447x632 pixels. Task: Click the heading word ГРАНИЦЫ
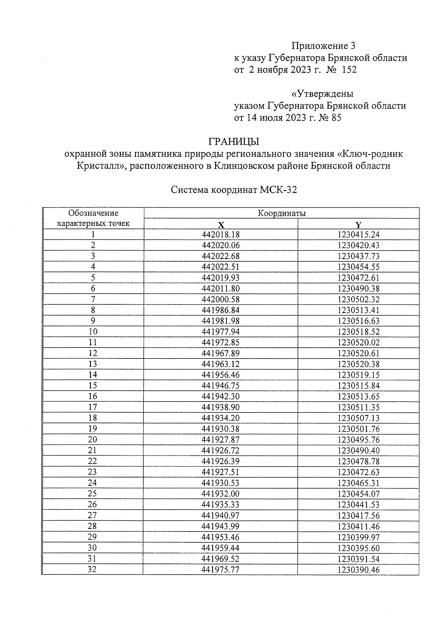pyautogui.click(x=234, y=142)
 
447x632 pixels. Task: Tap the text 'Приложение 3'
pyautogui.click(x=323, y=46)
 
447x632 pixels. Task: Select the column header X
pyautogui.click(x=221, y=225)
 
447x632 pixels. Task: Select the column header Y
pyautogui.click(x=358, y=225)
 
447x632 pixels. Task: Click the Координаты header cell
pyautogui.click(x=282, y=213)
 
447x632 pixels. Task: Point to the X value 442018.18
pyautogui.click(x=221, y=234)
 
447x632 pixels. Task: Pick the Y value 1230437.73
pyautogui.click(x=358, y=256)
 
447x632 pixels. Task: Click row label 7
pyautogui.click(x=93, y=299)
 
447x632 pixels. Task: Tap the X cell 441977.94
pyautogui.click(x=221, y=332)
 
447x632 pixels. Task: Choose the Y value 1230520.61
pyautogui.click(x=358, y=353)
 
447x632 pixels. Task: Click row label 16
pyautogui.click(x=93, y=396)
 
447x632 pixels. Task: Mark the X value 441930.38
pyautogui.click(x=221, y=429)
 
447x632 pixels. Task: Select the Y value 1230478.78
pyautogui.click(x=358, y=461)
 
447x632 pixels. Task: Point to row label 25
pyautogui.click(x=92, y=494)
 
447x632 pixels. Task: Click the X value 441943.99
pyautogui.click(x=221, y=526)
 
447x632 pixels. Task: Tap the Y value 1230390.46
pyautogui.click(x=358, y=569)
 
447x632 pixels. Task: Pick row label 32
pyautogui.click(x=92, y=569)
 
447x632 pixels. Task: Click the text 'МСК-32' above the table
pyautogui.click(x=278, y=190)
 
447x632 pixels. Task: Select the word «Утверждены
pyautogui.click(x=322, y=93)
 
